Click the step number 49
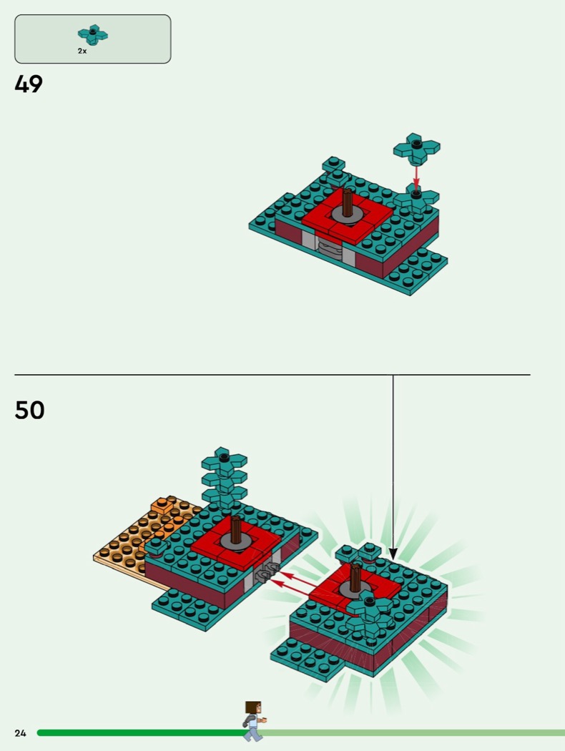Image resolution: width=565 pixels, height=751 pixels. [29, 84]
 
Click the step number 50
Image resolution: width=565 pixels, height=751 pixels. [30, 410]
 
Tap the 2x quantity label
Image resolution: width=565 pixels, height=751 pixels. [82, 51]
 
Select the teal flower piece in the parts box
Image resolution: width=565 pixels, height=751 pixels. [93, 34]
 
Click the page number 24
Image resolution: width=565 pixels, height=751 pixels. [20, 733]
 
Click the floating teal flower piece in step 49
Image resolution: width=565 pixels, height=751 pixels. [416, 149]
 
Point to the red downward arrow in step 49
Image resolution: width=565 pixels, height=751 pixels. [416, 177]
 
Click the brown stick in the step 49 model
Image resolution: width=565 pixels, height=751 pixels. [348, 202]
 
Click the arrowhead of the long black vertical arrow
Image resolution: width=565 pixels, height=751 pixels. [393, 554]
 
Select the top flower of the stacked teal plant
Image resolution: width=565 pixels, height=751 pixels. [224, 460]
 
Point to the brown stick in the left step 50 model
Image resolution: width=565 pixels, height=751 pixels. [235, 529]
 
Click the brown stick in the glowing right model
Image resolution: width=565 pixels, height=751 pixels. [355, 577]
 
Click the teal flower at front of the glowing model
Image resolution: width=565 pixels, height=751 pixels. [369, 613]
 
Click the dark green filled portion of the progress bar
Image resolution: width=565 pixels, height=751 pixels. [144, 733]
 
